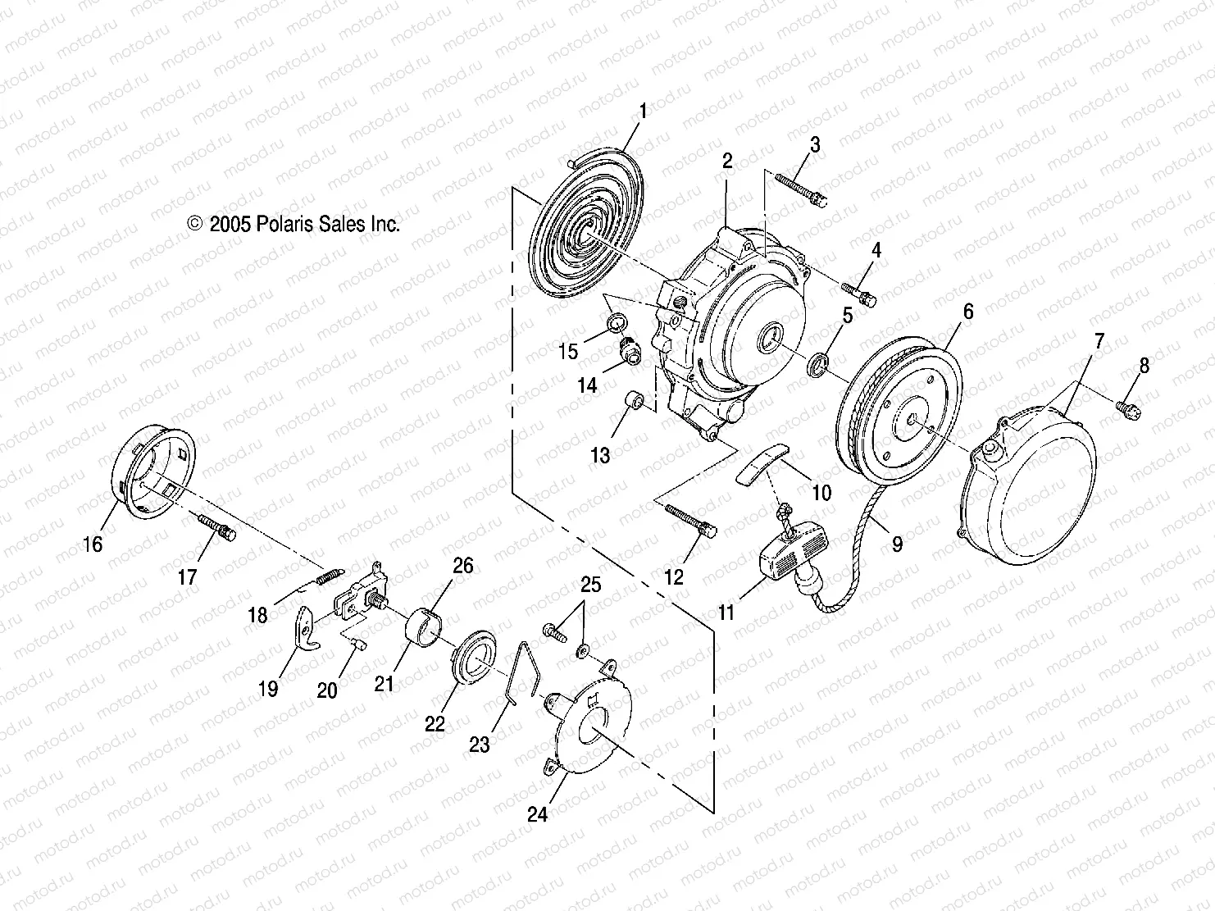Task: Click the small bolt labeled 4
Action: [x=860, y=291]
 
